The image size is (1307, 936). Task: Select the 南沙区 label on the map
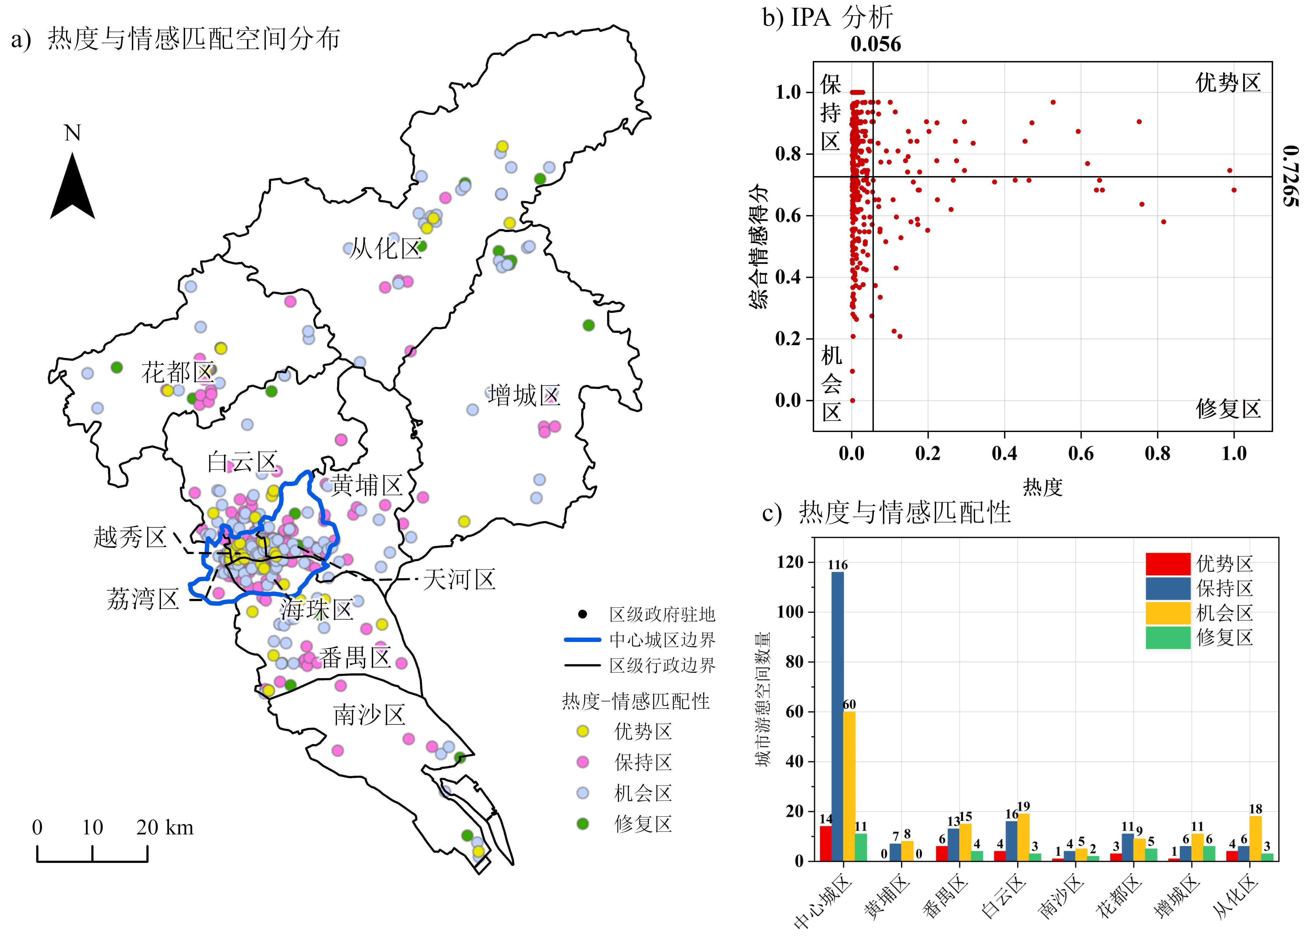pos(369,715)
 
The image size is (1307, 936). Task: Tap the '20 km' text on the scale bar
pos(165,828)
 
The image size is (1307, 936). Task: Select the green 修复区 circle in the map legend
pos(582,824)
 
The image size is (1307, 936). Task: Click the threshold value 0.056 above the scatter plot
pos(875,44)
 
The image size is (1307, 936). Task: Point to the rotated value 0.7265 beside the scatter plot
pos(1290,176)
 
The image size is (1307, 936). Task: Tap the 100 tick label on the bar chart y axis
pos(790,612)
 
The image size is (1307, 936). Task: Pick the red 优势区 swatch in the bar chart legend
pos(1167,564)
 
